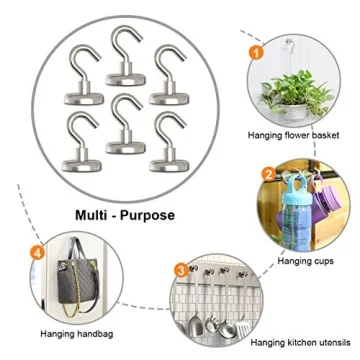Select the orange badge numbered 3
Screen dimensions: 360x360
(x=179, y=268)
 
